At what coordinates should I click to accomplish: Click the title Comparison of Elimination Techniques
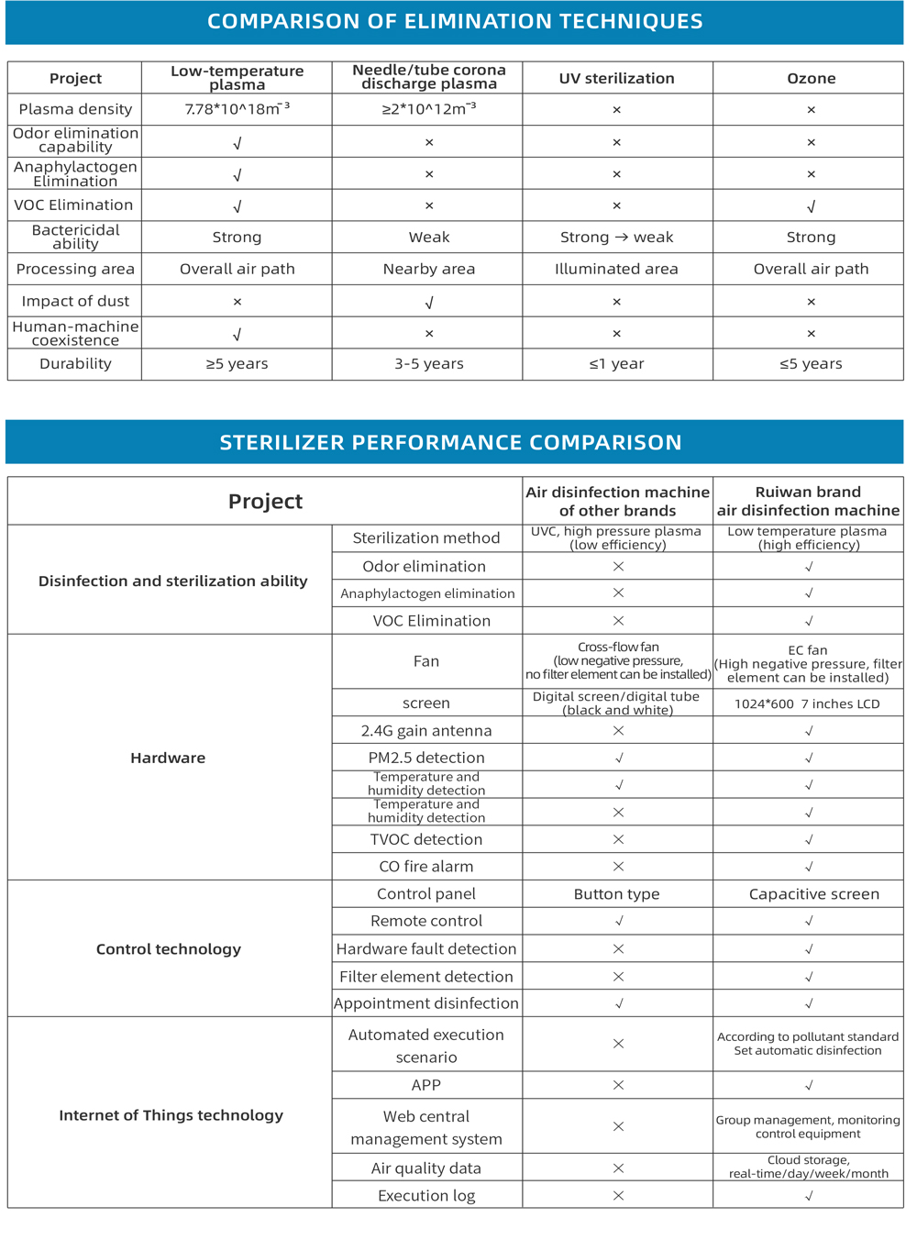point(455,21)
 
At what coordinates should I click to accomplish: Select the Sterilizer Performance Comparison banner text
point(450,442)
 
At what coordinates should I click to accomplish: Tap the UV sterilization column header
point(616,78)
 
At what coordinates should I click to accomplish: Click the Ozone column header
point(811,78)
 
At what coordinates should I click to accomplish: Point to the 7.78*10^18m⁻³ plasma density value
point(237,109)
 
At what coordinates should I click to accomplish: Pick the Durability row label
point(75,364)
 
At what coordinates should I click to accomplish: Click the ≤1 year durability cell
point(616,364)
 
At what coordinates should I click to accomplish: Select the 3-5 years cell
point(428,364)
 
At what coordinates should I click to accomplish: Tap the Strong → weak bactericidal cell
point(616,237)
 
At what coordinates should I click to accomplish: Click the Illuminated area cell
point(616,269)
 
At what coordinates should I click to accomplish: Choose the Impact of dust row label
point(75,301)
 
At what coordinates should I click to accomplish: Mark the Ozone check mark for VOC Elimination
point(811,206)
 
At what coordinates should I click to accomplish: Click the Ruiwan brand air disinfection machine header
point(808,501)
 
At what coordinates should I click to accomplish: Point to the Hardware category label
point(168,758)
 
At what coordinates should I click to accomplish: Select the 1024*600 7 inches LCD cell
point(807,703)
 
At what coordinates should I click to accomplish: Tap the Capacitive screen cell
point(813,894)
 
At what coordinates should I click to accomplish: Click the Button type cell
point(616,894)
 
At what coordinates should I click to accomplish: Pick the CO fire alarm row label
point(426,867)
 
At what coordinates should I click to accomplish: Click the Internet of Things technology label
point(171,1115)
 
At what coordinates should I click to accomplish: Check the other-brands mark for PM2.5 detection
point(619,758)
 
